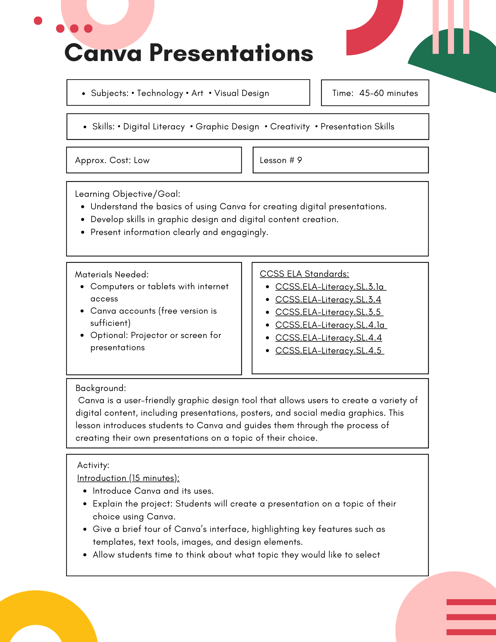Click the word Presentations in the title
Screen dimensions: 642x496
231,53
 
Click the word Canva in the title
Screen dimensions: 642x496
103,53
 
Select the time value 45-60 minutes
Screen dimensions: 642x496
388,93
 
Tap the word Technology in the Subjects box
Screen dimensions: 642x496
160,93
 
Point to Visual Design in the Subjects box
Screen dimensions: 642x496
241,93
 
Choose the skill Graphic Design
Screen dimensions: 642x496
227,126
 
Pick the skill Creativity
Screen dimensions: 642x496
290,126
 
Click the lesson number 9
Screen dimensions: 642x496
300,160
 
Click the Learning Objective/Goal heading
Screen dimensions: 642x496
127,194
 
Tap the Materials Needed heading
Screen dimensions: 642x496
112,274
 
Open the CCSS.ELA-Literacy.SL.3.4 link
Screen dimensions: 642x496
328,299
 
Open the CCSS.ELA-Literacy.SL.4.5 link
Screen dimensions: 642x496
329,351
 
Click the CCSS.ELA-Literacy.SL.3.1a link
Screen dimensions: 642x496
330,287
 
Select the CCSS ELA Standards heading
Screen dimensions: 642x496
304,274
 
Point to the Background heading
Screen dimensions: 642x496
100,388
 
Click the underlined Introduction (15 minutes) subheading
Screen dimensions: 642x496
128,478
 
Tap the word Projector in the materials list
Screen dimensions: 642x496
149,335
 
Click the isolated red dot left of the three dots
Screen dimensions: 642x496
38,21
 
